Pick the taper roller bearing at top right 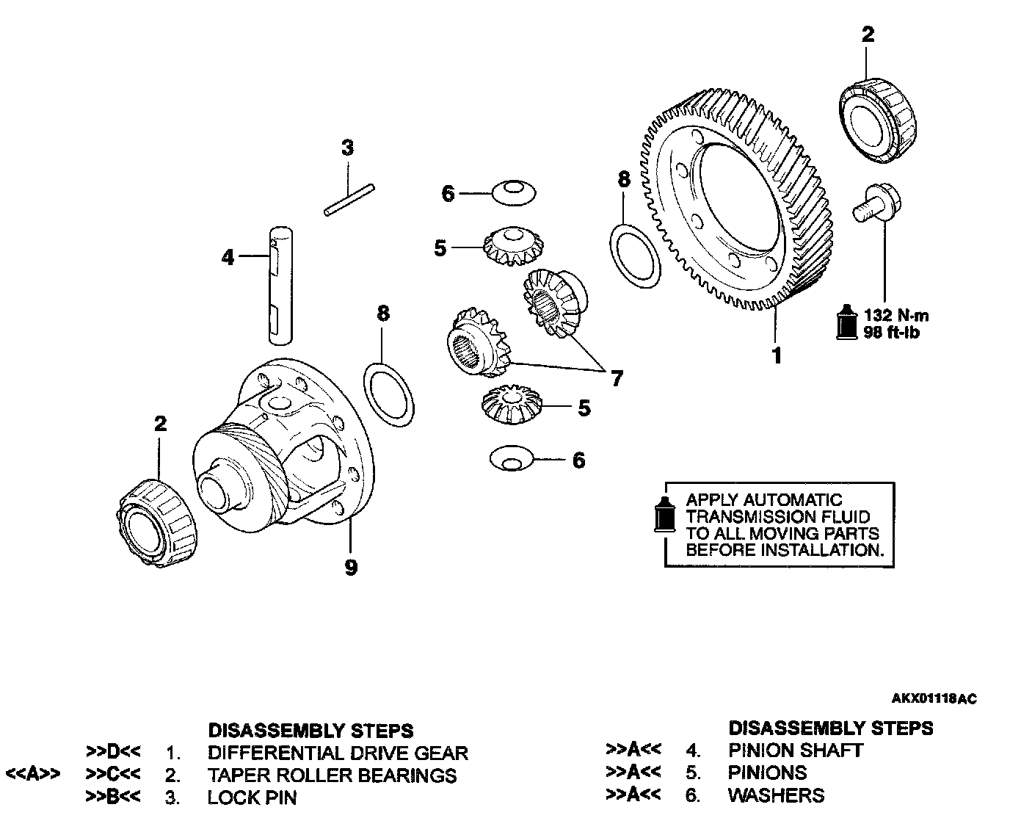(x=878, y=120)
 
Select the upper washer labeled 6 (x=512, y=193)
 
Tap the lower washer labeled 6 (x=511, y=458)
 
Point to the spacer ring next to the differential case (x=389, y=394)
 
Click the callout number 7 (x=617, y=379)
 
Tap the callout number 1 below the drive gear (x=777, y=356)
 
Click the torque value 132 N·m (x=895, y=316)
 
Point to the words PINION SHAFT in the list (x=795, y=751)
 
